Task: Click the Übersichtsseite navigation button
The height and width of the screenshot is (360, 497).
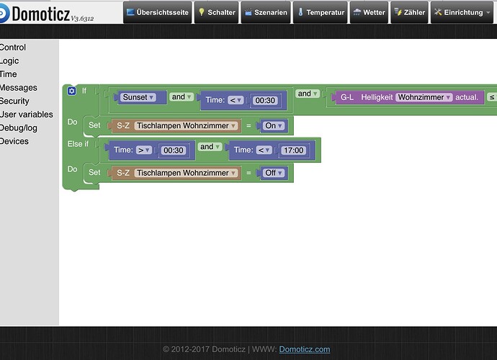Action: tap(157, 12)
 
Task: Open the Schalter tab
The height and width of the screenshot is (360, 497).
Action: tap(217, 12)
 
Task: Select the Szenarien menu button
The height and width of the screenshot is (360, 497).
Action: tap(266, 12)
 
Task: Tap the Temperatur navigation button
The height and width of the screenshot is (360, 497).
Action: tap(320, 12)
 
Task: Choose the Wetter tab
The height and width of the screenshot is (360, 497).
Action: tap(369, 12)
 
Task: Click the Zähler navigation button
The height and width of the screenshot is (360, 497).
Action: tap(410, 12)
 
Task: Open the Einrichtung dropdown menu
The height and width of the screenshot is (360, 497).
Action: tap(462, 12)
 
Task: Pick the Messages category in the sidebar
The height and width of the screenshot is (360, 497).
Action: tap(19, 87)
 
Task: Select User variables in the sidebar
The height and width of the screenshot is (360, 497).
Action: tap(27, 114)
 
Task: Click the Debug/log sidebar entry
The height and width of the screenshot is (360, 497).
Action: tap(19, 128)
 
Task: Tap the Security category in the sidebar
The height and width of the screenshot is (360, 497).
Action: tap(14, 101)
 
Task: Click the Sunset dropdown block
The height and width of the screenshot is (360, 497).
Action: tap(138, 97)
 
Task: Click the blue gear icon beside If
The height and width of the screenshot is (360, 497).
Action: tap(71, 91)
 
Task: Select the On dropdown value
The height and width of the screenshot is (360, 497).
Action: tap(274, 126)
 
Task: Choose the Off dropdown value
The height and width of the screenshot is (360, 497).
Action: tap(274, 173)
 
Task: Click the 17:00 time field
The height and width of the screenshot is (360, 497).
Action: tap(293, 150)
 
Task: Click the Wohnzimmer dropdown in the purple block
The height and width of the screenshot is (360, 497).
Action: tap(424, 97)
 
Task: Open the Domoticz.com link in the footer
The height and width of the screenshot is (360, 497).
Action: tap(304, 349)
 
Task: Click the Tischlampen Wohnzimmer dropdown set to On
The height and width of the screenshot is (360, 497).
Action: tap(186, 126)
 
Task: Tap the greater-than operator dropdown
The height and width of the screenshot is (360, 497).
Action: tap(144, 150)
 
